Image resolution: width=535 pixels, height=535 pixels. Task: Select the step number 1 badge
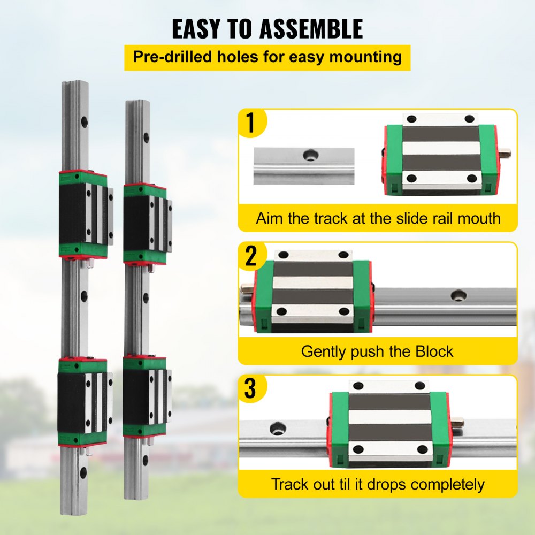tap(250, 123)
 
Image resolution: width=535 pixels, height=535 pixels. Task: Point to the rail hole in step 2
tap(458, 295)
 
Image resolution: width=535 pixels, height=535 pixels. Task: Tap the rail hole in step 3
tap(278, 428)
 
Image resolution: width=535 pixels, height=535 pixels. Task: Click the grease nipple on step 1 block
tap(505, 154)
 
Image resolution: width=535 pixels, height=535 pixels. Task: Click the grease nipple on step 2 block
tap(247, 289)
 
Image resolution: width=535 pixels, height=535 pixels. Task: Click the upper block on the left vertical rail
tap(84, 214)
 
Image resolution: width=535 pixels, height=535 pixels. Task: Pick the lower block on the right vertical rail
tap(146, 396)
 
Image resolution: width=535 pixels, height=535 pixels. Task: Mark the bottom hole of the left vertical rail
tap(83, 472)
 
